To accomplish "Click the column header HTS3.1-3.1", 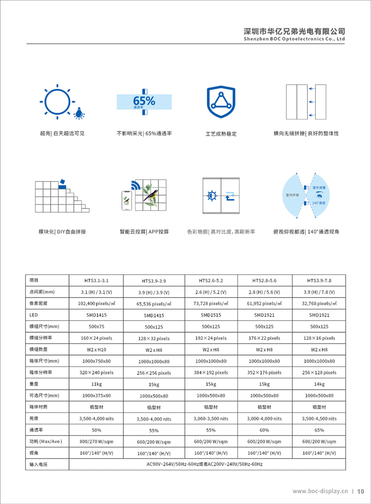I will (x=96, y=280).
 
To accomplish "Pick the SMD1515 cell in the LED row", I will (x=211, y=315).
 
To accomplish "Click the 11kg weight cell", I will (x=96, y=384).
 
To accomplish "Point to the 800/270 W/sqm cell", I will (x=96, y=441).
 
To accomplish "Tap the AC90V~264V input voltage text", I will (x=204, y=464).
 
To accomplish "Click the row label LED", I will (x=34, y=315).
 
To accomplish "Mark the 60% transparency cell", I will (x=264, y=430).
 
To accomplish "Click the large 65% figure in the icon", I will (x=144, y=100).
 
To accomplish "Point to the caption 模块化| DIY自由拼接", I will (x=62, y=232).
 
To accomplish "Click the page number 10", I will (x=360, y=491).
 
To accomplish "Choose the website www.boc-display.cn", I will (x=320, y=491).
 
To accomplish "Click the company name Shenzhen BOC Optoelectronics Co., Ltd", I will (x=294, y=39).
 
